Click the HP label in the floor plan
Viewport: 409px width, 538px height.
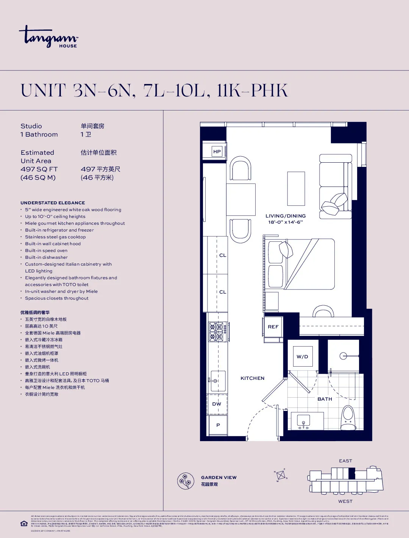coord(217,152)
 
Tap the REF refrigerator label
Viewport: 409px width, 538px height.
coord(273,327)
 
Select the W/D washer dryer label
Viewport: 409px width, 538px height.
coord(302,357)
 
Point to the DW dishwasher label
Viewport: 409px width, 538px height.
coord(217,404)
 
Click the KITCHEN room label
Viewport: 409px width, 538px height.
coord(253,378)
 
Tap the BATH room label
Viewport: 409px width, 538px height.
coord(325,399)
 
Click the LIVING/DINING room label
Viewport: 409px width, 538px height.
coord(286,216)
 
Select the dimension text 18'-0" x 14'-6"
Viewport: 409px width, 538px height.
coord(286,222)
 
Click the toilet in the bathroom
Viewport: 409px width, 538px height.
coord(348,418)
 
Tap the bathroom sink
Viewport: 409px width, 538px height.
coord(303,421)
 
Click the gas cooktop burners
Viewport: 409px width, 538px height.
coord(217,331)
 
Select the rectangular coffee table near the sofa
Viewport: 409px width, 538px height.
coord(296,188)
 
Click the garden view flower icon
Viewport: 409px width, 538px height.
coord(186,481)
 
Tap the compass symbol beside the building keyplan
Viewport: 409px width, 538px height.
coord(281,475)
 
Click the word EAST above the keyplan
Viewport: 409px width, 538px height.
coord(345,461)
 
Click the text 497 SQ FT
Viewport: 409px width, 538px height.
coord(39,169)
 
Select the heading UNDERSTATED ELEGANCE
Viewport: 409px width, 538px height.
coord(53,203)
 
